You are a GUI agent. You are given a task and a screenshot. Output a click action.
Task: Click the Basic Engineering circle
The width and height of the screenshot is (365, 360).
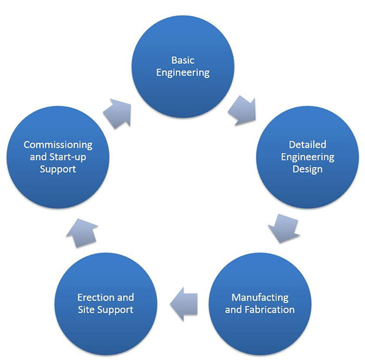click(x=182, y=66)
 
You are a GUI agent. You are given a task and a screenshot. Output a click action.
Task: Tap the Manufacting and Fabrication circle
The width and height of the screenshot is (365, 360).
click(x=260, y=303)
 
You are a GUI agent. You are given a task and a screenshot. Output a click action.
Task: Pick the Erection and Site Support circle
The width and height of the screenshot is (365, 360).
click(x=106, y=303)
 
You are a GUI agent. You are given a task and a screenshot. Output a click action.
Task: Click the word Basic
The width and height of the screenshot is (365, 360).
click(x=182, y=60)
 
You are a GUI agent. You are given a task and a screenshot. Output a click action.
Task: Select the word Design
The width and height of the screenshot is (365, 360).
click(x=307, y=170)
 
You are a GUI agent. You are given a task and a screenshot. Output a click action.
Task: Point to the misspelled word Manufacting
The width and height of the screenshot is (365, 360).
click(x=260, y=297)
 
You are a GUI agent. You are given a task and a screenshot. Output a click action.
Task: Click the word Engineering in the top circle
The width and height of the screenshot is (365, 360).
click(x=182, y=73)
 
